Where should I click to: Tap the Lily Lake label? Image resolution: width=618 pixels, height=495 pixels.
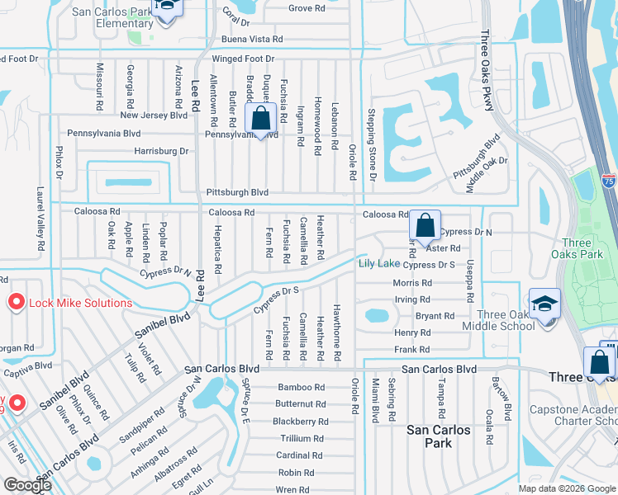click(x=379, y=263)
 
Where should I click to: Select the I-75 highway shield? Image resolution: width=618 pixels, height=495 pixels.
click(x=608, y=179)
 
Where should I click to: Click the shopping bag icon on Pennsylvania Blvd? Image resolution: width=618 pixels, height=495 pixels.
click(x=260, y=119)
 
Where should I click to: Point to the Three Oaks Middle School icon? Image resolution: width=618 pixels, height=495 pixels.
click(x=544, y=304)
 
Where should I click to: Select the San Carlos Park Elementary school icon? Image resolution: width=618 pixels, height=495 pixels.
click(x=166, y=9)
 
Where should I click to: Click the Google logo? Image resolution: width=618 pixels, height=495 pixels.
click(x=27, y=484)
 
